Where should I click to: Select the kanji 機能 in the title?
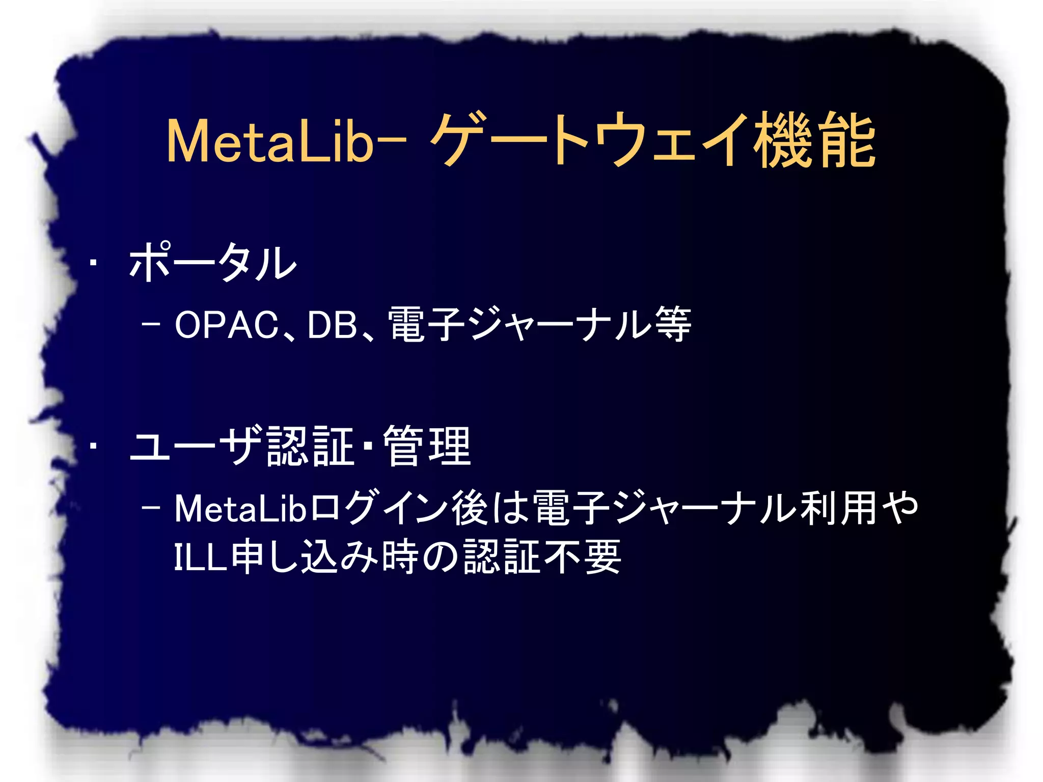[x=815, y=140]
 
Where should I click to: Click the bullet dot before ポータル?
[x=93, y=263]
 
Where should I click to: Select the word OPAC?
[x=227, y=325]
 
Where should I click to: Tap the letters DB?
[x=333, y=325]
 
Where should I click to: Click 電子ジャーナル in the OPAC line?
[x=519, y=324]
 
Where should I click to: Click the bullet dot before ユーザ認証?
[x=93, y=446]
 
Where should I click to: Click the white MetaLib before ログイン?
[x=239, y=508]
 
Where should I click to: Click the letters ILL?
[x=200, y=557]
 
